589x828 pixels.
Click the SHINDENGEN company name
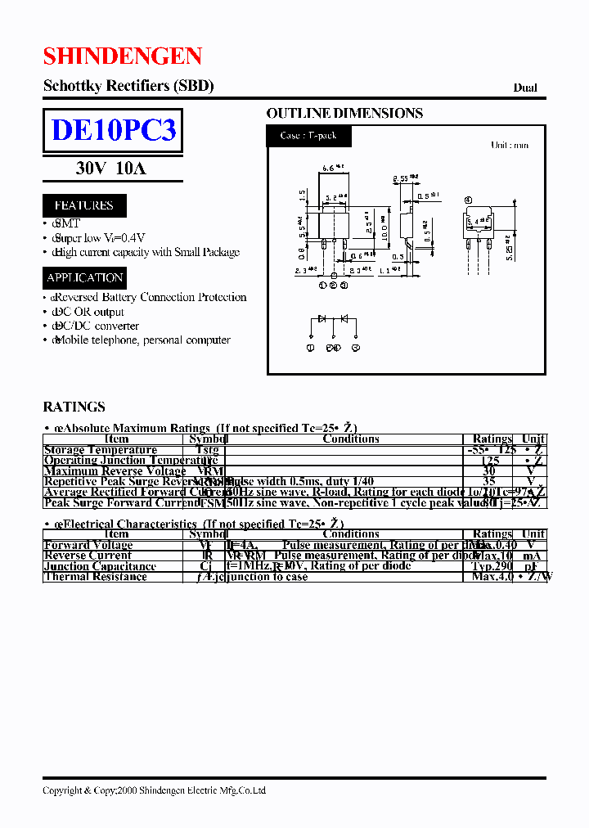[x=123, y=56]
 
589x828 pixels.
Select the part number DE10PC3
[x=113, y=130]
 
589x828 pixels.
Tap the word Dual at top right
[x=525, y=88]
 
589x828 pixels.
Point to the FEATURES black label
[x=83, y=205]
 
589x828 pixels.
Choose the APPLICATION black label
[x=85, y=277]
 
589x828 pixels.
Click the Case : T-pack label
[x=308, y=136]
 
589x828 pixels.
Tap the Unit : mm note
[x=509, y=145]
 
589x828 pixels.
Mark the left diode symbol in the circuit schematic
[x=322, y=318]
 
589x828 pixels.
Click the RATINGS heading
[x=74, y=407]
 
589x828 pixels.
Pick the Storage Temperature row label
[x=100, y=450]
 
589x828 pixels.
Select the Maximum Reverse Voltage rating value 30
[x=489, y=471]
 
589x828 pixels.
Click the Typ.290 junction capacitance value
[x=492, y=566]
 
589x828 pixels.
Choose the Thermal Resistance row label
[x=95, y=577]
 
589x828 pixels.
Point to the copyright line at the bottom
[x=154, y=790]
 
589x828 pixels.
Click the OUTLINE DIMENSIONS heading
[x=344, y=113]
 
